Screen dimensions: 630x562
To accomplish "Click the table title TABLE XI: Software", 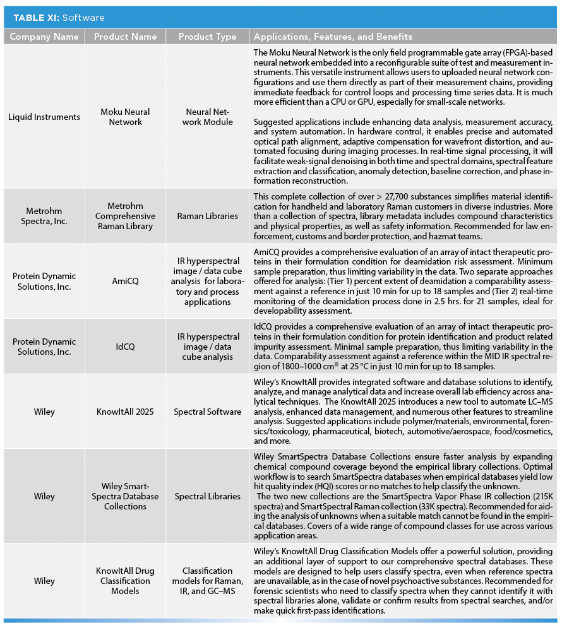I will [x=59, y=18].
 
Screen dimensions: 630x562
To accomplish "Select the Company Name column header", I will [x=44, y=37].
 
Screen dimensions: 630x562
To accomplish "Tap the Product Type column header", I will [x=208, y=37].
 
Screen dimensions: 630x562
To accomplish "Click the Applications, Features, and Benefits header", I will [x=333, y=37].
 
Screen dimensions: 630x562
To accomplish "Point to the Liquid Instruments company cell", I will [x=44, y=117].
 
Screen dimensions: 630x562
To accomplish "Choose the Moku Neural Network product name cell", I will [x=125, y=117].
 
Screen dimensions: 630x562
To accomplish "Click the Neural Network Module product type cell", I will [x=208, y=117].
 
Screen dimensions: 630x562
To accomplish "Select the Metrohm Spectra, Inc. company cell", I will [x=44, y=216].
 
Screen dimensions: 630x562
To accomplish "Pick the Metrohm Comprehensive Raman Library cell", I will [x=125, y=216].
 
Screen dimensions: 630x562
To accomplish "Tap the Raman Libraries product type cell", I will [x=208, y=216].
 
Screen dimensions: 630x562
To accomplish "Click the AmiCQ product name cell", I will [x=125, y=282].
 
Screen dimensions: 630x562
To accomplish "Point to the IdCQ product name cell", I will [x=125, y=347].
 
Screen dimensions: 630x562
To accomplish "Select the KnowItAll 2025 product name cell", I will [x=125, y=412].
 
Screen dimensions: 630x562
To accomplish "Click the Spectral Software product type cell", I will [x=208, y=412].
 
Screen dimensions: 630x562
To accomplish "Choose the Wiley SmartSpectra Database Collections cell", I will [x=125, y=496].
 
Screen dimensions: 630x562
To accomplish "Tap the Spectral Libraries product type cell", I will [x=208, y=496].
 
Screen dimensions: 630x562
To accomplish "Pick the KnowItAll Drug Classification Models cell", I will [x=125, y=581].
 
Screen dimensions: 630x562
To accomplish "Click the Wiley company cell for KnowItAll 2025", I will [x=44, y=412].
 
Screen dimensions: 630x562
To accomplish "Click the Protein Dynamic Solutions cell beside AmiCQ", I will [x=44, y=282].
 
